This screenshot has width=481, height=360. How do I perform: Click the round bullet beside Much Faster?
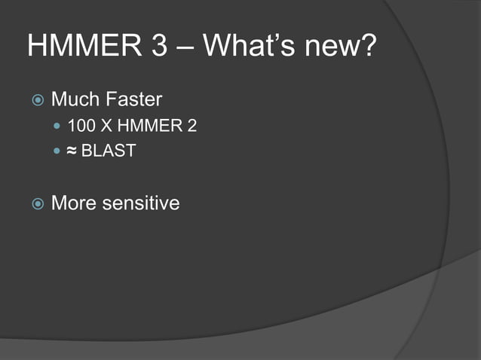(37, 99)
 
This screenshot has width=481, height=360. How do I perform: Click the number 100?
(81, 126)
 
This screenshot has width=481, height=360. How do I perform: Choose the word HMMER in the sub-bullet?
(147, 126)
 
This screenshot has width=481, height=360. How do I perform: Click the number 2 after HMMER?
(192, 126)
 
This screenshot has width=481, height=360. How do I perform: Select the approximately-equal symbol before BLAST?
(72, 151)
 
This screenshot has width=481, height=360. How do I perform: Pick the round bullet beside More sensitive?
(37, 203)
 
